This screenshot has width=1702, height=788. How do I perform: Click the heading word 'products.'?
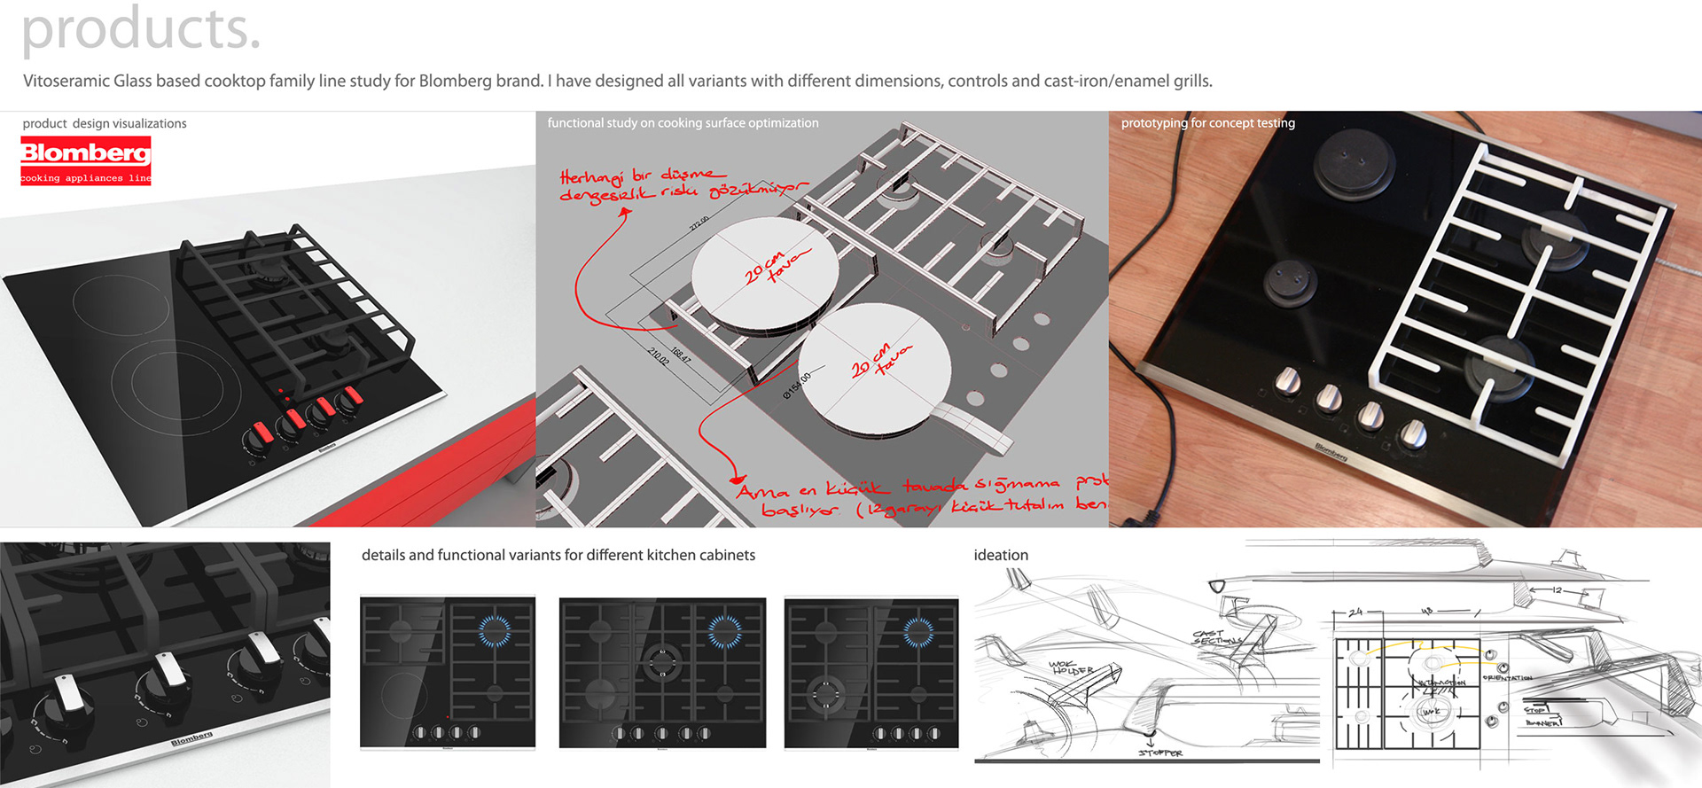coord(141,29)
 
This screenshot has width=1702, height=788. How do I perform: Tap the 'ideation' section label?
coord(1001,555)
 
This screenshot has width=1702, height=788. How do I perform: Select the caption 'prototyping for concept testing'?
coord(1207,123)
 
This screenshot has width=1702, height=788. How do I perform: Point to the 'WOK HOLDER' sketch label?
coord(1070,667)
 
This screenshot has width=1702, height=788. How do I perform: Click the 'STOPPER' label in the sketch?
coord(1160,753)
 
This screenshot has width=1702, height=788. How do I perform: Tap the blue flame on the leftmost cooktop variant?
coord(495,630)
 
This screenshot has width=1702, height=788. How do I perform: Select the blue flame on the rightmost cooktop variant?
coord(918,631)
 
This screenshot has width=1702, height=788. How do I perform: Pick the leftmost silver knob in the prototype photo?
coord(1287,383)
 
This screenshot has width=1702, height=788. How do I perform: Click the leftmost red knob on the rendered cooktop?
coord(262,433)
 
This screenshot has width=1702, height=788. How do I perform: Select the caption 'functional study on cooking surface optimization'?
coord(683,123)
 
